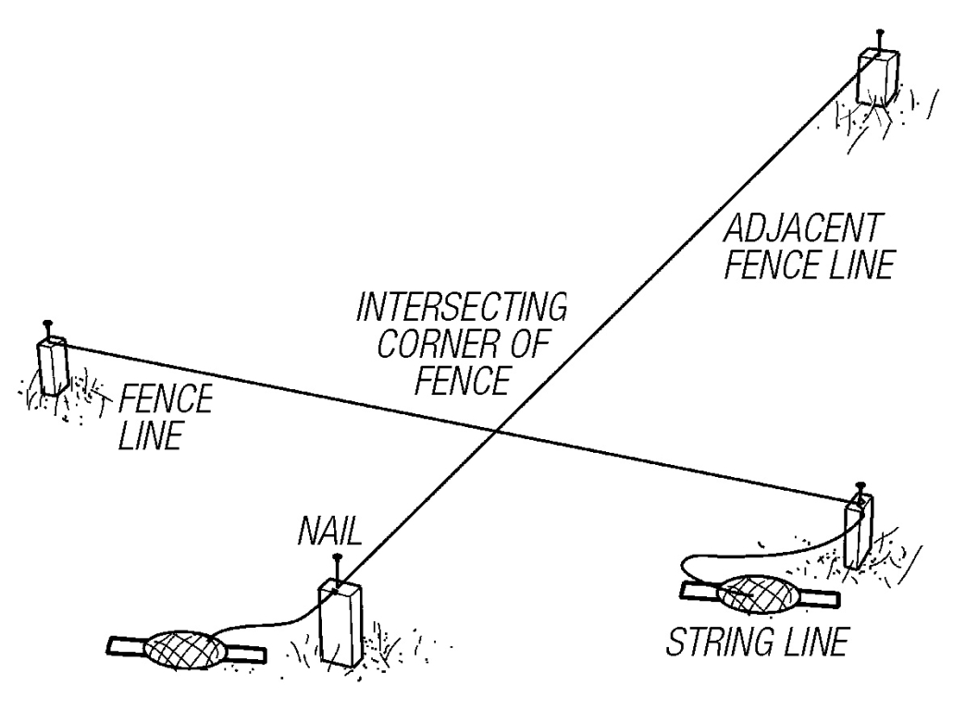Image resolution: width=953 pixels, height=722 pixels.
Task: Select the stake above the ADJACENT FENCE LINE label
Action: [x=874, y=78]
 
